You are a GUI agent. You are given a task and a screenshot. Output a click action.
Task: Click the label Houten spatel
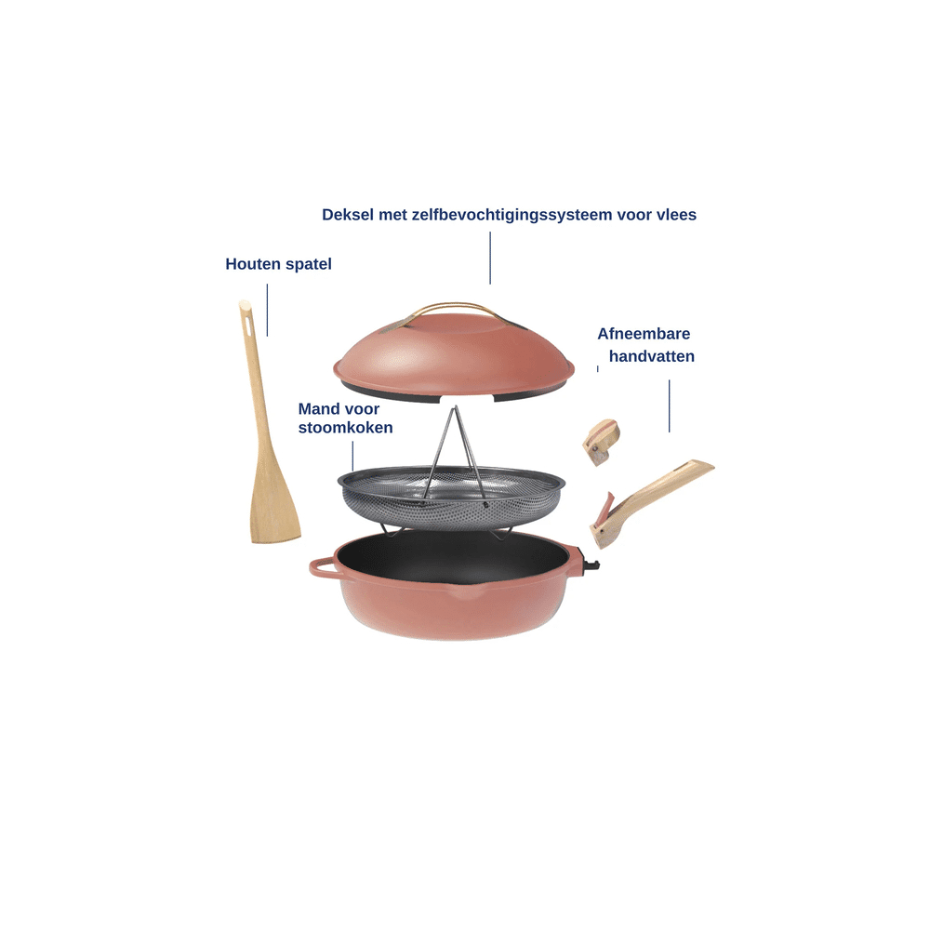pos(278,264)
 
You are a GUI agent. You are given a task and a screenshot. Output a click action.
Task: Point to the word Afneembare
pos(644,334)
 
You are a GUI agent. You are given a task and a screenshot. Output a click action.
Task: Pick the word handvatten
pos(651,356)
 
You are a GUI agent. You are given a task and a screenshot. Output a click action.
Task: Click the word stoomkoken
pos(345,428)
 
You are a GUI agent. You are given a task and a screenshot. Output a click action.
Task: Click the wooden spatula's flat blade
pos(275,504)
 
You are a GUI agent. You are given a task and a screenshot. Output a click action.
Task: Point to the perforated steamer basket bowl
pos(451,498)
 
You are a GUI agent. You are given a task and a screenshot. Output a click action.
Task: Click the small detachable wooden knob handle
pos(601,443)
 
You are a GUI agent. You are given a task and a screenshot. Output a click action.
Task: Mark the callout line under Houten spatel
pos(267,311)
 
